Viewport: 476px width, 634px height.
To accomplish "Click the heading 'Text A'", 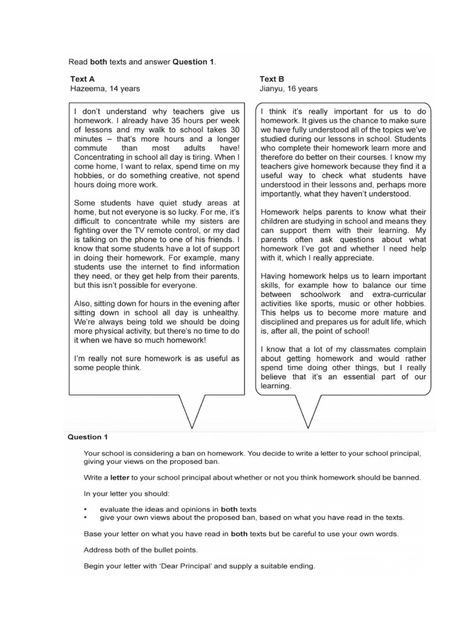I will (x=82, y=79).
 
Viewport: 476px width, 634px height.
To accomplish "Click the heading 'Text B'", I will (x=271, y=79).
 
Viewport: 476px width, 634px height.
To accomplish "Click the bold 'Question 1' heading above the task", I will (x=87, y=436).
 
